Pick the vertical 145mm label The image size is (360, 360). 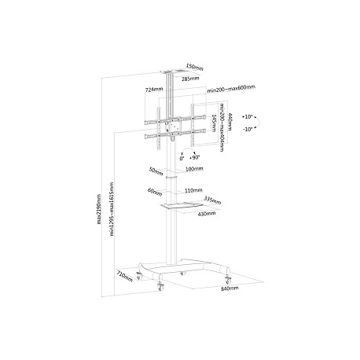click(x=215, y=121)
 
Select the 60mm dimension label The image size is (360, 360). click(x=154, y=190)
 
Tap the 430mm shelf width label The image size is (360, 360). click(x=207, y=213)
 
